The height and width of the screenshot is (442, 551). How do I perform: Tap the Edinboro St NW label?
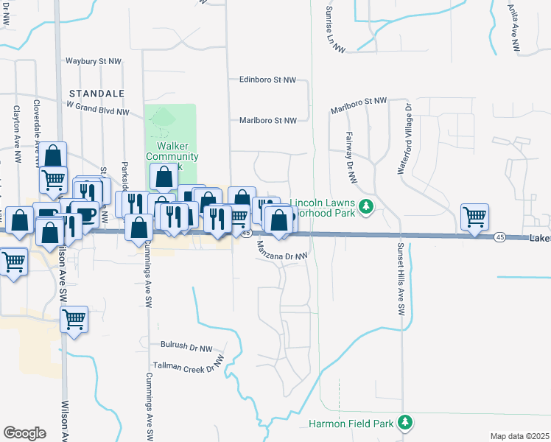267,80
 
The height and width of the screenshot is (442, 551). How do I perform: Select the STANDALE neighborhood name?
92,94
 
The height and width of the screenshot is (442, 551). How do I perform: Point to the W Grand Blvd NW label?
97,108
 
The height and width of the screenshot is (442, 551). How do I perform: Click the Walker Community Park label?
172,151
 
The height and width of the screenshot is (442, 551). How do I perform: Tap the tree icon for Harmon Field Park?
404,422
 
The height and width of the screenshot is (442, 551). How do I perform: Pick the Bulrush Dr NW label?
186,345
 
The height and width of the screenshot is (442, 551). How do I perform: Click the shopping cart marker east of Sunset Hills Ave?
475,217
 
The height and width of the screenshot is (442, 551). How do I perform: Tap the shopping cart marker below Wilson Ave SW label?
74,320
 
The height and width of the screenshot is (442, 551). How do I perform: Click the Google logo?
24,433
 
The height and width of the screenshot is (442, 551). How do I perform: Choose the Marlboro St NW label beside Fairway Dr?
359,105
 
